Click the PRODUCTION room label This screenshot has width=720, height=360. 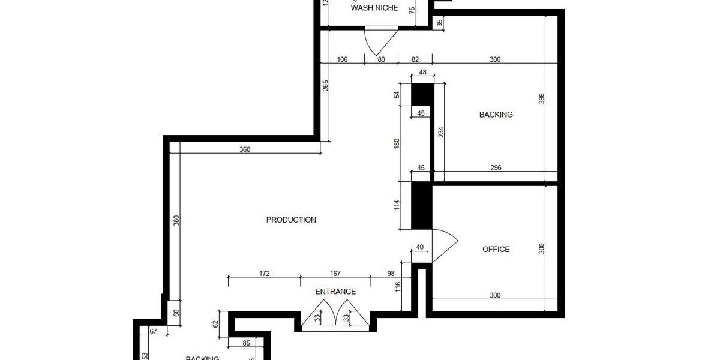tap(291, 220)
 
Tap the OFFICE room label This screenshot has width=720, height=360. tap(496, 249)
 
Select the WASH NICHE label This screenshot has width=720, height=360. tap(374, 8)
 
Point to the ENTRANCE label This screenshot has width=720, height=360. tap(335, 292)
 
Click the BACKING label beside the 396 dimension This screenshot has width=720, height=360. tap(496, 115)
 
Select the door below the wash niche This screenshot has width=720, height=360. tap(380, 41)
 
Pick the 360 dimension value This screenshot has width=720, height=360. tap(245, 149)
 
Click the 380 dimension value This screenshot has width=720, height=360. tap(176, 221)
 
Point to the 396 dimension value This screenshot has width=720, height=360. tap(541, 98)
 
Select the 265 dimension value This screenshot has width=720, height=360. tap(325, 86)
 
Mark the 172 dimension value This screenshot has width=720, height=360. tap(264, 274)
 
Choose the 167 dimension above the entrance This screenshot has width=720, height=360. tap(335, 274)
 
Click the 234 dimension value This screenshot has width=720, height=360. tap(441, 132)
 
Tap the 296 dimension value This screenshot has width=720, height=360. tap(496, 168)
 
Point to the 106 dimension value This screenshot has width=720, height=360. tap(343, 59)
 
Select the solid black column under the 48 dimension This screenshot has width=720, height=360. tap(422, 95)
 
